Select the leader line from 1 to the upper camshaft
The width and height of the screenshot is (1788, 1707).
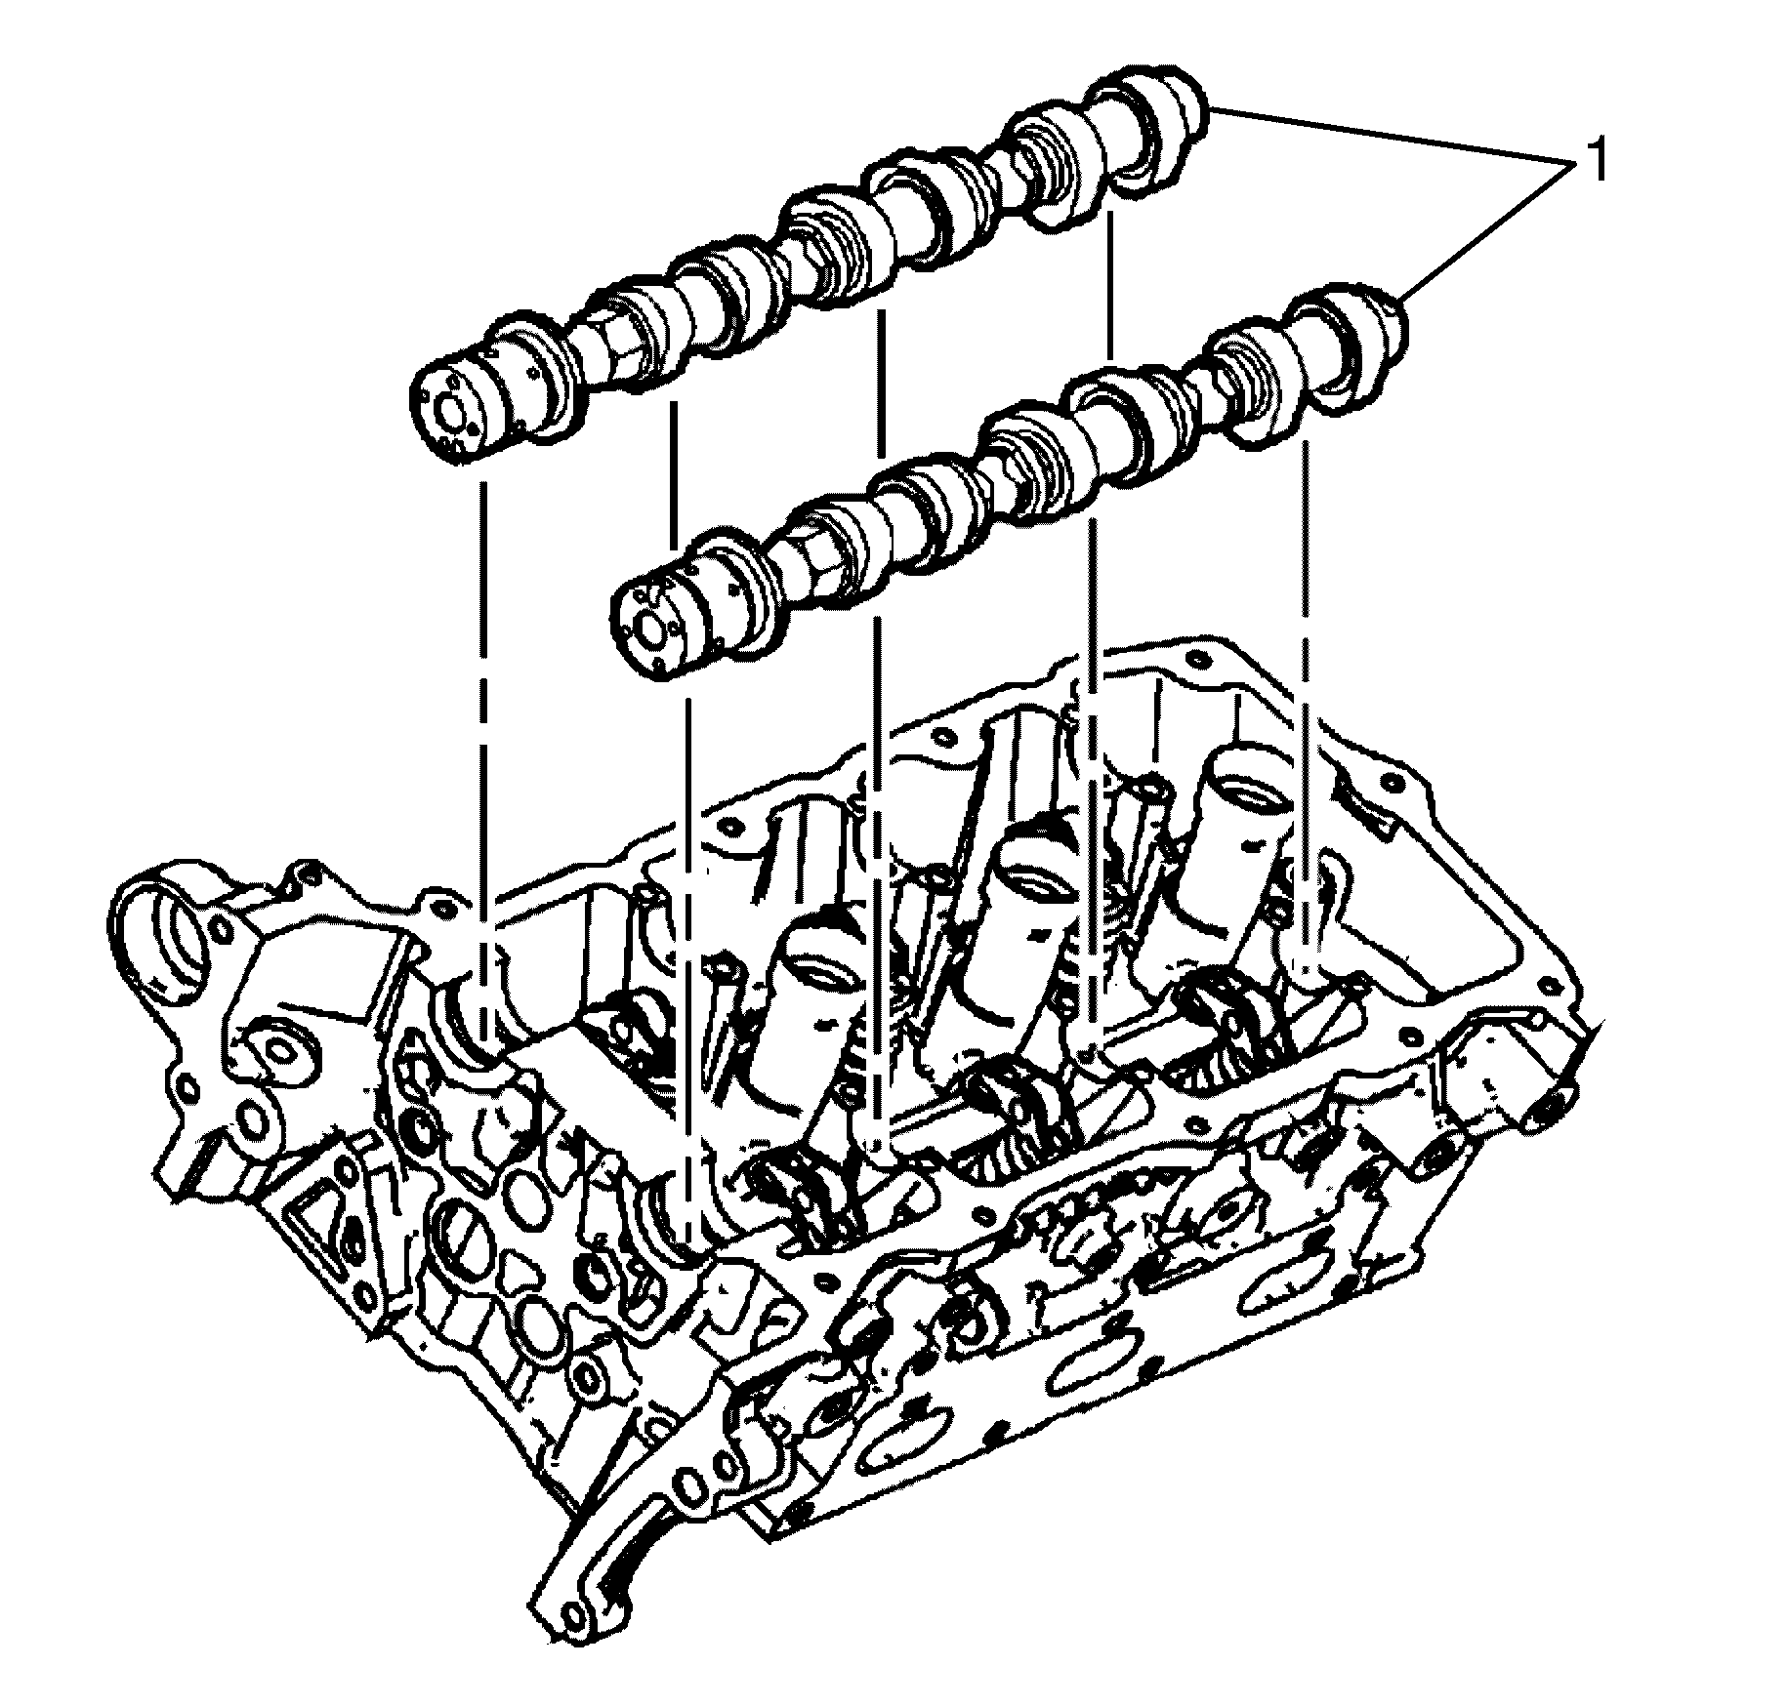point(1377,136)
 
